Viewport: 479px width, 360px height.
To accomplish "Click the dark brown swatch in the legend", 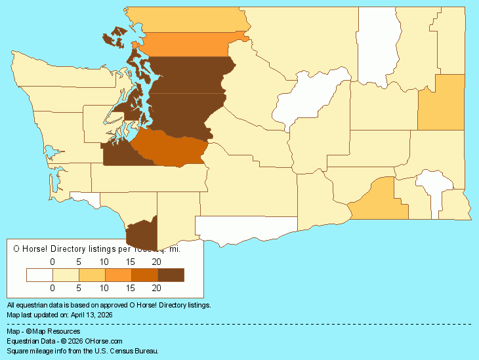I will tap(171, 275).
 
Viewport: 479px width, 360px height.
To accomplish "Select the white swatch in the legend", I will tap(39, 275).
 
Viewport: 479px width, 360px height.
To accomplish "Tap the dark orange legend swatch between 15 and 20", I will tap(144, 275).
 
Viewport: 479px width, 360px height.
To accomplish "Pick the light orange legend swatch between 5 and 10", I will tap(92, 275).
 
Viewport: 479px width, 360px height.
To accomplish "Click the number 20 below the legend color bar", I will tap(157, 287).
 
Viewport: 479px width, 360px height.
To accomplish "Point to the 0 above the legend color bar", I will tap(52, 262).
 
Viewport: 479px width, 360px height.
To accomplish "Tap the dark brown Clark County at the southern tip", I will tap(142, 232).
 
